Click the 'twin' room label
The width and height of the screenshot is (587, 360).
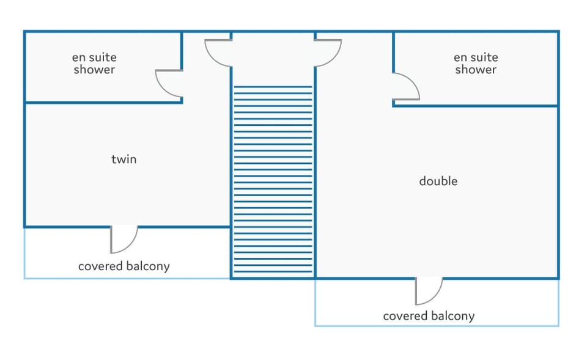pos(124,160)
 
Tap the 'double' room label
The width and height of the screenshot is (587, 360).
pos(438,181)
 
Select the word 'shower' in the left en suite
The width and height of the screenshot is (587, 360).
pos(94,70)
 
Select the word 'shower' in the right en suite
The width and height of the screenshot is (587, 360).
pos(476,70)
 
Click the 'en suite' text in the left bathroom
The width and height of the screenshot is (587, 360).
pos(94,57)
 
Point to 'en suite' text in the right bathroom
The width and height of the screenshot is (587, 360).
pos(476,57)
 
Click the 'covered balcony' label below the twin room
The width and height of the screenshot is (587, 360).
pos(124,266)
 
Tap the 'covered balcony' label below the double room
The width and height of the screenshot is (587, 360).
pos(429,316)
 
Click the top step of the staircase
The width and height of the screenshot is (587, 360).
pos(273,87)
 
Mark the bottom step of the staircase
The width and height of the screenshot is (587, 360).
pos(273,271)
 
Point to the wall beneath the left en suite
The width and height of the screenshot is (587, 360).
pos(103,102)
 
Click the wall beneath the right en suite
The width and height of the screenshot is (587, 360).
pos(476,106)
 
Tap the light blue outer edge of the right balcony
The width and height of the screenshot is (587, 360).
pos(437,326)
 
